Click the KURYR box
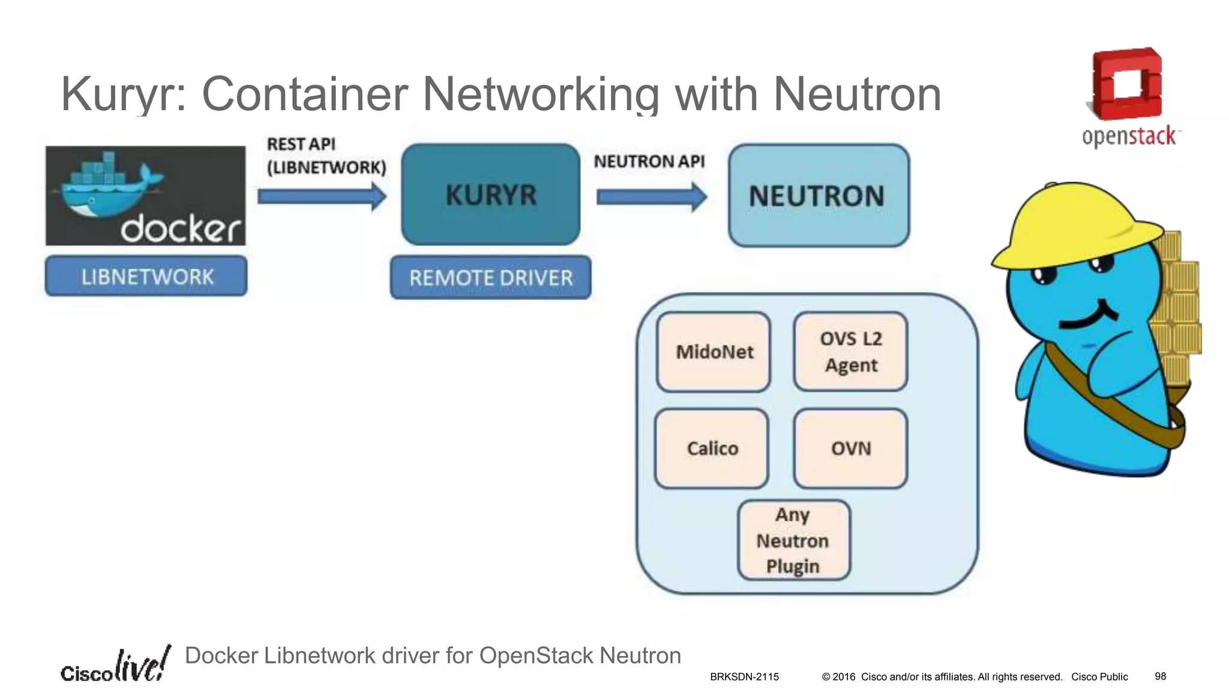coord(490,194)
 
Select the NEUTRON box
coord(819,195)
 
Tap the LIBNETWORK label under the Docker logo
coord(146,276)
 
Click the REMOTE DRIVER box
coord(490,278)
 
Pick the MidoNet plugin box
coord(714,352)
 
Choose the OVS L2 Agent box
coord(850,352)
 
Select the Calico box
coord(712,449)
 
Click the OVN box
coord(850,449)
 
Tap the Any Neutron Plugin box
coord(793,540)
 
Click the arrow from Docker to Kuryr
coord(322,196)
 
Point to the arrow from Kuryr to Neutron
coord(652,196)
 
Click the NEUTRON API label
coord(649,162)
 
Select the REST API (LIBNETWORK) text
coord(326,156)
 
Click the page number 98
coord(1160,676)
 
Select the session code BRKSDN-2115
coord(744,677)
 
